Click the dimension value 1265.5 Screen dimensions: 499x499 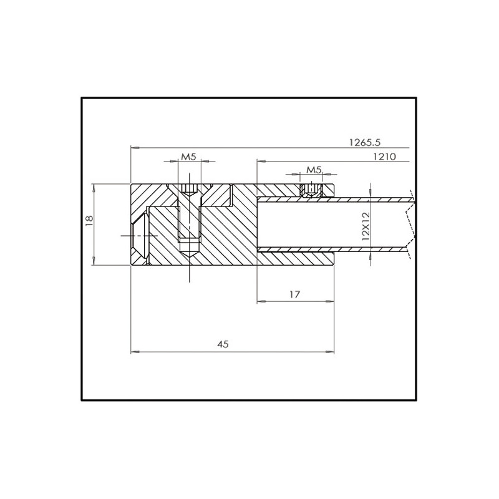364,142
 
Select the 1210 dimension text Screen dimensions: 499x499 384,157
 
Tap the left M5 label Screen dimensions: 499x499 188,157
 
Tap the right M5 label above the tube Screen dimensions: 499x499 314,169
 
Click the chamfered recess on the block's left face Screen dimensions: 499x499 140,235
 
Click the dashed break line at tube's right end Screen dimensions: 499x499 409,223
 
